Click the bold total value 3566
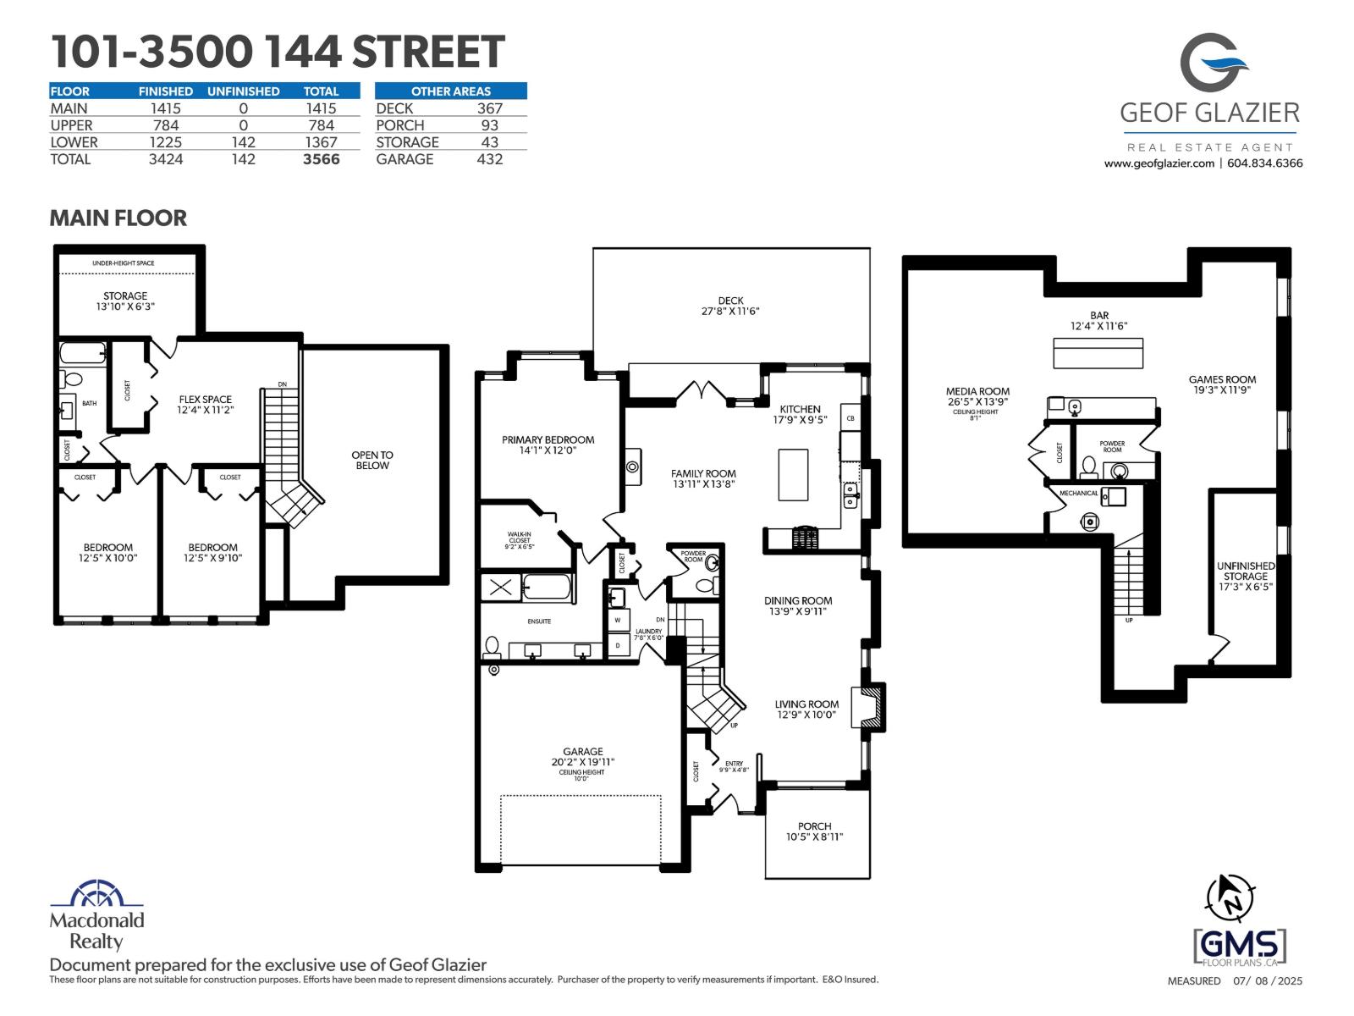pyautogui.click(x=321, y=159)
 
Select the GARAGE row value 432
pyautogui.click(x=489, y=159)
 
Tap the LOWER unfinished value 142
pyautogui.click(x=243, y=142)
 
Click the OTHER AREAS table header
pyautogui.click(x=450, y=91)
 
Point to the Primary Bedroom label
pyautogui.click(x=548, y=439)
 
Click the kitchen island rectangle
pyautogui.click(x=793, y=475)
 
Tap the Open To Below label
pyautogui.click(x=372, y=460)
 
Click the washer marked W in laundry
pyautogui.click(x=618, y=621)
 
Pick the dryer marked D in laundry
pyautogui.click(x=618, y=645)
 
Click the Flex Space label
pyautogui.click(x=205, y=399)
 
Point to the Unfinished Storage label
pyautogui.click(x=1246, y=571)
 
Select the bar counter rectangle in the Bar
pyautogui.click(x=1098, y=353)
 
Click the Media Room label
pyautogui.click(x=977, y=391)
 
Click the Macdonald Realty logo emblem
pyautogui.click(x=96, y=895)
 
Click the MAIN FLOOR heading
pyautogui.click(x=118, y=218)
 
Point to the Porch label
pyautogui.click(x=814, y=826)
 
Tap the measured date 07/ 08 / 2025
pyautogui.click(x=1268, y=981)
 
